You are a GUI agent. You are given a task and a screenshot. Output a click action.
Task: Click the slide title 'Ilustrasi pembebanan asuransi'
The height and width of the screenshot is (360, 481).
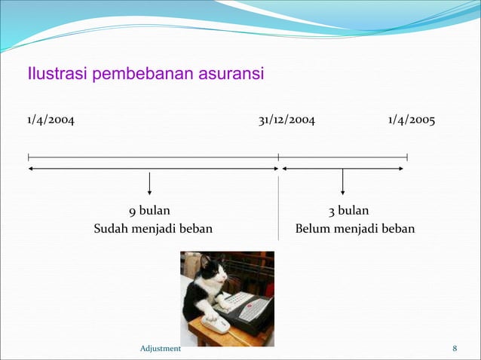[146, 75]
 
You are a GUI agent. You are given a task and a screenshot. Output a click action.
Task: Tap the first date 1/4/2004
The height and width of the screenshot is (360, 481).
[51, 121]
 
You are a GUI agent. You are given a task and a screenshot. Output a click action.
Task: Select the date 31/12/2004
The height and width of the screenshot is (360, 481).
[286, 121]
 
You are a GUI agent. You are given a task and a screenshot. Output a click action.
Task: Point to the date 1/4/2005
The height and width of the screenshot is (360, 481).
[412, 121]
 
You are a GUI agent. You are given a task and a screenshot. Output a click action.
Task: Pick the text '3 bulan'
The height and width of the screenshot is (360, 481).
[348, 211]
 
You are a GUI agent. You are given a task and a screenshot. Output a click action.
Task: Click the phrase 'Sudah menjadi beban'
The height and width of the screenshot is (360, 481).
[153, 228]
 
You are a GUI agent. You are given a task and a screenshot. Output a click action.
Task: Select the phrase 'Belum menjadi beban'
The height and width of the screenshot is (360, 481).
[355, 228]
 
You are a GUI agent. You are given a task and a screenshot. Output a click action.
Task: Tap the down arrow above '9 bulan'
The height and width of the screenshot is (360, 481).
[149, 184]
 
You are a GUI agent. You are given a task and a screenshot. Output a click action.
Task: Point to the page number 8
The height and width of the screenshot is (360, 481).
[455, 348]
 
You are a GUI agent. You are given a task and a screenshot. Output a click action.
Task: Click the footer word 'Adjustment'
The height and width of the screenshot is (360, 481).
[161, 348]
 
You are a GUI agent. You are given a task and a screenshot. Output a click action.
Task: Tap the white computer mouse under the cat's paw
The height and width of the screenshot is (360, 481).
[216, 323]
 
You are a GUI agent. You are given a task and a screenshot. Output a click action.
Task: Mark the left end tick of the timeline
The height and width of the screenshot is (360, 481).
[28, 157]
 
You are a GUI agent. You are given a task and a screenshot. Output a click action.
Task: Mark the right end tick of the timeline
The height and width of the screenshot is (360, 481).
[407, 157]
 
